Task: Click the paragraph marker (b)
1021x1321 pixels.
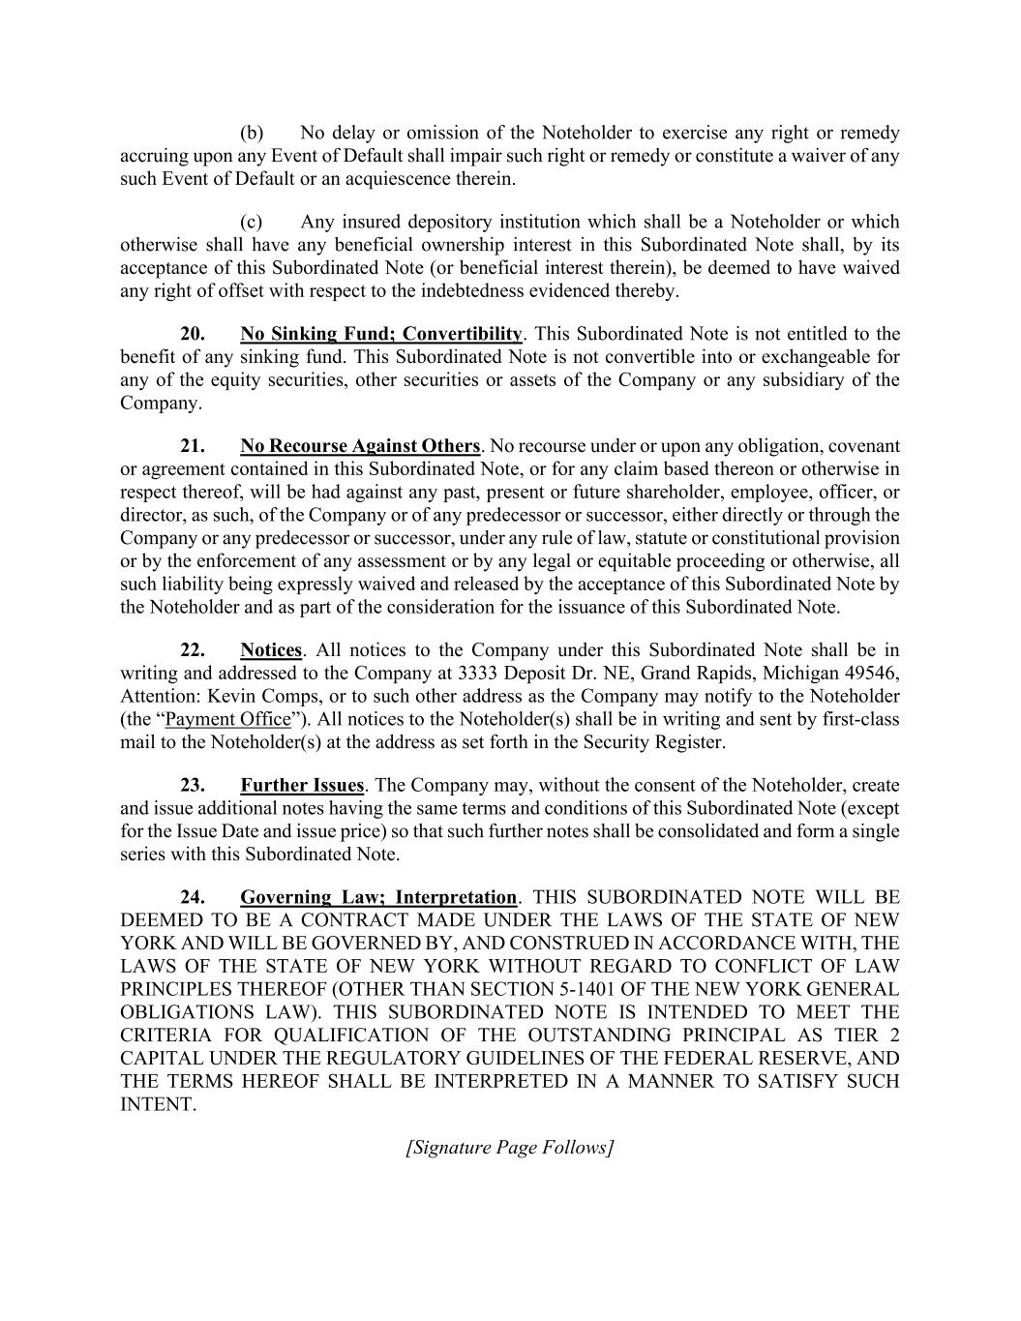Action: [252, 133]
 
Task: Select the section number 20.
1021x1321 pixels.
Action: [193, 334]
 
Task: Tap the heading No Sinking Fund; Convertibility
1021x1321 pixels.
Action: [380, 334]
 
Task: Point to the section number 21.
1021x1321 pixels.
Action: [193, 446]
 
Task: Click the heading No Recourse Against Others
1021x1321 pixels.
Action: [360, 446]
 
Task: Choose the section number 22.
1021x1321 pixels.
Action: [193, 649]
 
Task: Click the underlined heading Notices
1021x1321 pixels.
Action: [271, 649]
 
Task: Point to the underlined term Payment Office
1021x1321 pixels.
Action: [228, 719]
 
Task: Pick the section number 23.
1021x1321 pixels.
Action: [193, 785]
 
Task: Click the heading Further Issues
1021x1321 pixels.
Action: [302, 785]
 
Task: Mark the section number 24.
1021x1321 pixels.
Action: [193, 897]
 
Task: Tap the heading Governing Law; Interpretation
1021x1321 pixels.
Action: [378, 897]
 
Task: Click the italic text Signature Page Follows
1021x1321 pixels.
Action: [510, 1148]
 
